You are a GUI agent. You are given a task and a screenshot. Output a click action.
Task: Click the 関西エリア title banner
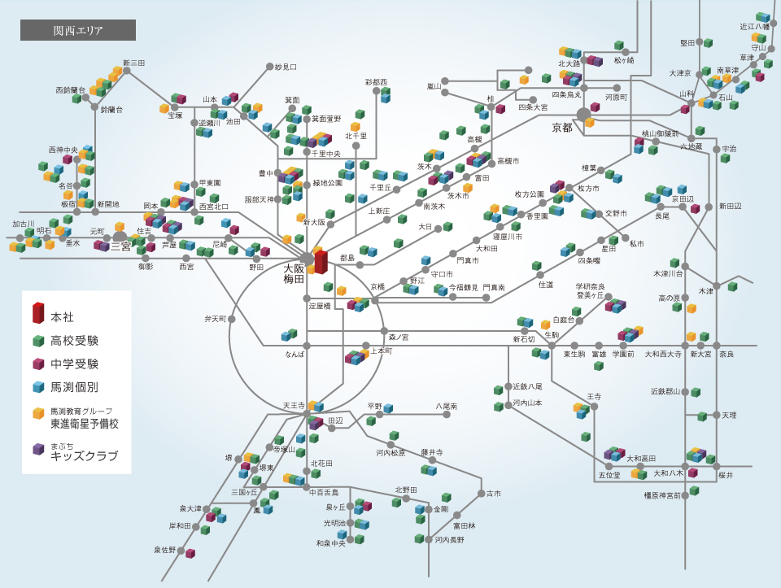coord(78,31)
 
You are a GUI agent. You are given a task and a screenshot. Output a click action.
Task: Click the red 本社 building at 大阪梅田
coord(321,261)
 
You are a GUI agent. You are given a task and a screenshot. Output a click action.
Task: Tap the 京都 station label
coord(562,127)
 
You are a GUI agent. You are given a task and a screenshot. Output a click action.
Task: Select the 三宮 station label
coord(121,246)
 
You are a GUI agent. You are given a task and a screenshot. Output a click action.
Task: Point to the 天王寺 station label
coord(293,404)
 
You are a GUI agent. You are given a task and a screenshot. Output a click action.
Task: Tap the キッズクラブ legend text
coord(84,455)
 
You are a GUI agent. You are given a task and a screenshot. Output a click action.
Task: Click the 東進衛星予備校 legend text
coord(85,424)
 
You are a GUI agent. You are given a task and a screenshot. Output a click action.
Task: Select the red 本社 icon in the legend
coord(37,313)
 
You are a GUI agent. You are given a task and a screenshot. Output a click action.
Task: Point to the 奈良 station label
coord(726,355)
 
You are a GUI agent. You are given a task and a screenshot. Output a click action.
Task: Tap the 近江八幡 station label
coord(754,27)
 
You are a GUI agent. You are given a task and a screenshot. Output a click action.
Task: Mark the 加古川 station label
coord(24,223)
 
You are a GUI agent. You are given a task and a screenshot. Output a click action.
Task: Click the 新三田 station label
coord(133,63)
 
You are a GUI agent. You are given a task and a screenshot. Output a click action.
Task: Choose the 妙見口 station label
coord(286,67)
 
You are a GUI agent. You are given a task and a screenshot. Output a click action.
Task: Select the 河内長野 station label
coord(449,539)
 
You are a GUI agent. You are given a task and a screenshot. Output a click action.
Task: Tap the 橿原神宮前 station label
coord(662,494)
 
